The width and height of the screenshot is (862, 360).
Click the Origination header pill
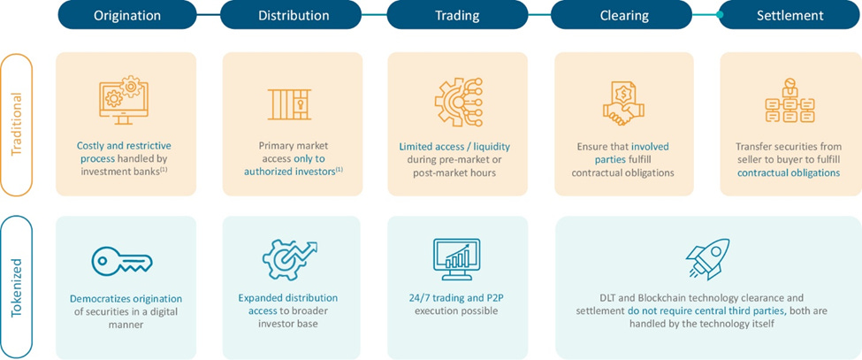click(x=127, y=15)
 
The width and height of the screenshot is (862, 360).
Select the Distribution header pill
click(x=293, y=15)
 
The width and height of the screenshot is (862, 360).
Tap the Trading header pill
click(x=457, y=15)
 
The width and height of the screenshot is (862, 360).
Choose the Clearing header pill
click(x=624, y=15)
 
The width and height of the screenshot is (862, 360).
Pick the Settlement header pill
click(x=790, y=15)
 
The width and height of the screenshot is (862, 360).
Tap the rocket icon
click(x=707, y=257)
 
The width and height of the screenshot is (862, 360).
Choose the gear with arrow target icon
click(x=288, y=259)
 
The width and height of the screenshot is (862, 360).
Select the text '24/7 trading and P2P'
click(x=457, y=298)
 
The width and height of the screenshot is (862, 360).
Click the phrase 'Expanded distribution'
click(x=287, y=298)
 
